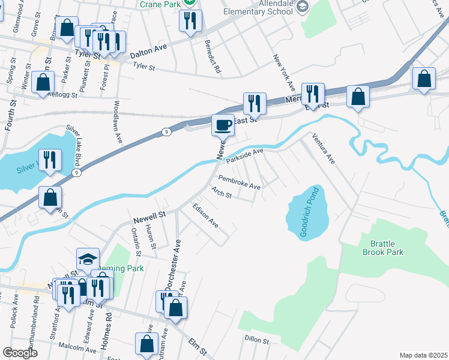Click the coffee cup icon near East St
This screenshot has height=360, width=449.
(223, 125)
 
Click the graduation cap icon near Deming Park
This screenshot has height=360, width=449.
(88, 259)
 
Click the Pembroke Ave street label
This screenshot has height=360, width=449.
(239, 182)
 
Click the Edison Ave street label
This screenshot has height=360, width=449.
(205, 215)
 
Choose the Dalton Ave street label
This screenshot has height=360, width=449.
(148, 51)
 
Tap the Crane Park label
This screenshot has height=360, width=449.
(160, 4)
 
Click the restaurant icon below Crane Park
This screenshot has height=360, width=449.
(190, 21)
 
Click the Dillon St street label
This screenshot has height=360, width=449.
(257, 340)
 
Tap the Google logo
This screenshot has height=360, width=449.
(20, 353)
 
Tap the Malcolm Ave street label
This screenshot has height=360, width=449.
(74, 347)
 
